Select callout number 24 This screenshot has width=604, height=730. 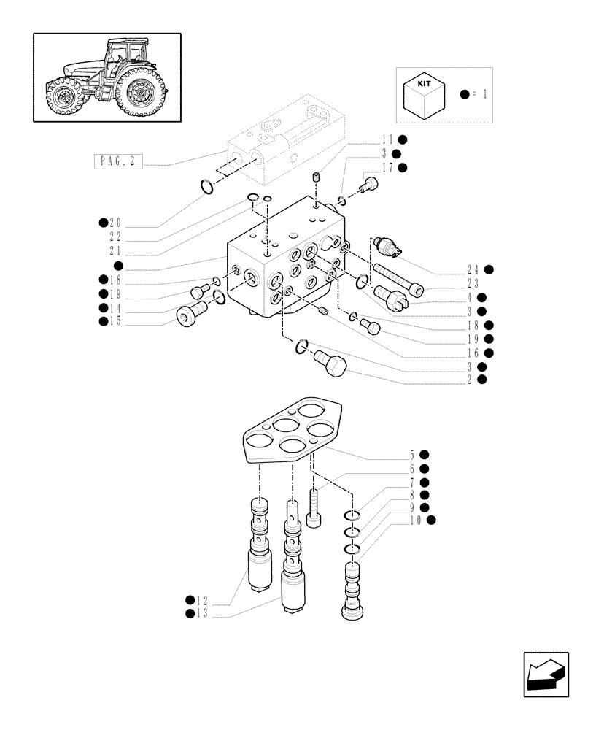[473, 269]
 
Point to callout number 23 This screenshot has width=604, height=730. [473, 283]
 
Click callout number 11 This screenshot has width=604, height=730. [387, 139]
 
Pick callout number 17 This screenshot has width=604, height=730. [387, 167]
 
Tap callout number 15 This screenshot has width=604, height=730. [115, 320]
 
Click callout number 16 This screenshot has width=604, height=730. [473, 353]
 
